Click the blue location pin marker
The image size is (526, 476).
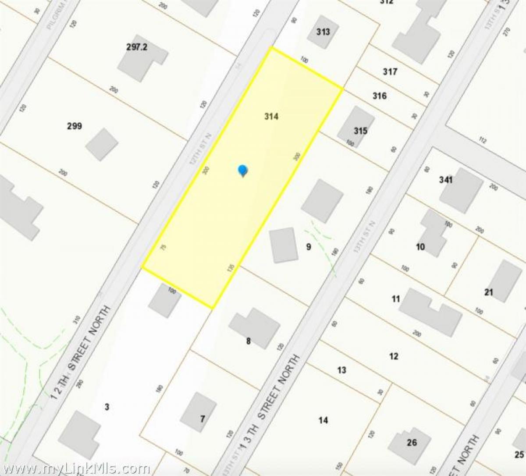pos(242,170)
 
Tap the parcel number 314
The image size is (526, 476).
pos(271,117)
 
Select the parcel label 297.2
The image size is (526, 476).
pos(136,47)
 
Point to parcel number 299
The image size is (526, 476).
pos(74,127)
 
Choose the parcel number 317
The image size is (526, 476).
pos(390,71)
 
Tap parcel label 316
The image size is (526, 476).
pos(380,96)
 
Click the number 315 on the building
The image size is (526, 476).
pos(360,131)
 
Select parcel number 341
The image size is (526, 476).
pos(445,180)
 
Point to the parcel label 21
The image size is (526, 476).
pos(489,292)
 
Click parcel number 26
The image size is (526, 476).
pos(412,442)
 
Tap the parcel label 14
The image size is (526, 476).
pos(323,420)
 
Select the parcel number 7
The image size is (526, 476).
pos(202,419)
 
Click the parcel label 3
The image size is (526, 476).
pos(107,407)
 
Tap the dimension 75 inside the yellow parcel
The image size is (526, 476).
pos(163,248)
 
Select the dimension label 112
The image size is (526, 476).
pos(483,140)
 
